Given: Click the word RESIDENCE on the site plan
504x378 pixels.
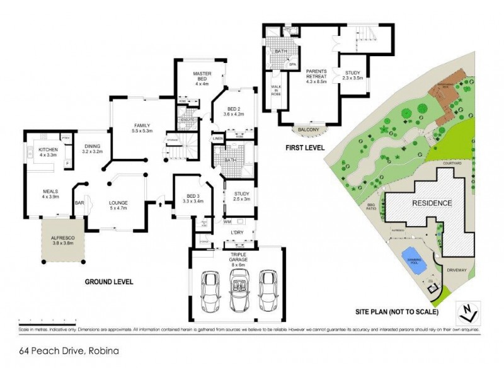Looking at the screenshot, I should [x=432, y=203].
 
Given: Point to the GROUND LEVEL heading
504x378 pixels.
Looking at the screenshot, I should [x=108, y=282].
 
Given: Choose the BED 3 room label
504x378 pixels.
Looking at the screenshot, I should [x=190, y=198].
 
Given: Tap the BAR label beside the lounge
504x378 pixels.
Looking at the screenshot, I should [x=79, y=203].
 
